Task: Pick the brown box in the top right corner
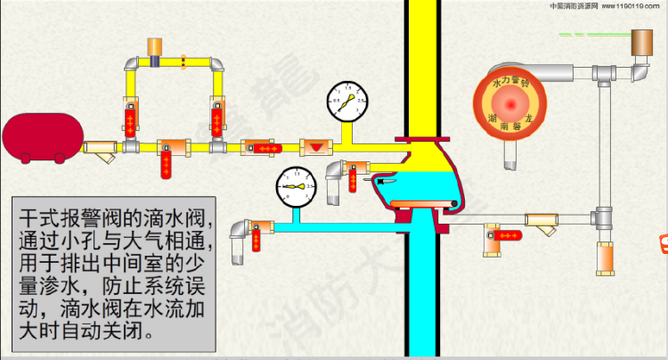pyautogui.click(x=642, y=40)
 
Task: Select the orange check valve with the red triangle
pyautogui.click(x=314, y=145)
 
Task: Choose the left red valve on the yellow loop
pyautogui.click(x=131, y=119)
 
